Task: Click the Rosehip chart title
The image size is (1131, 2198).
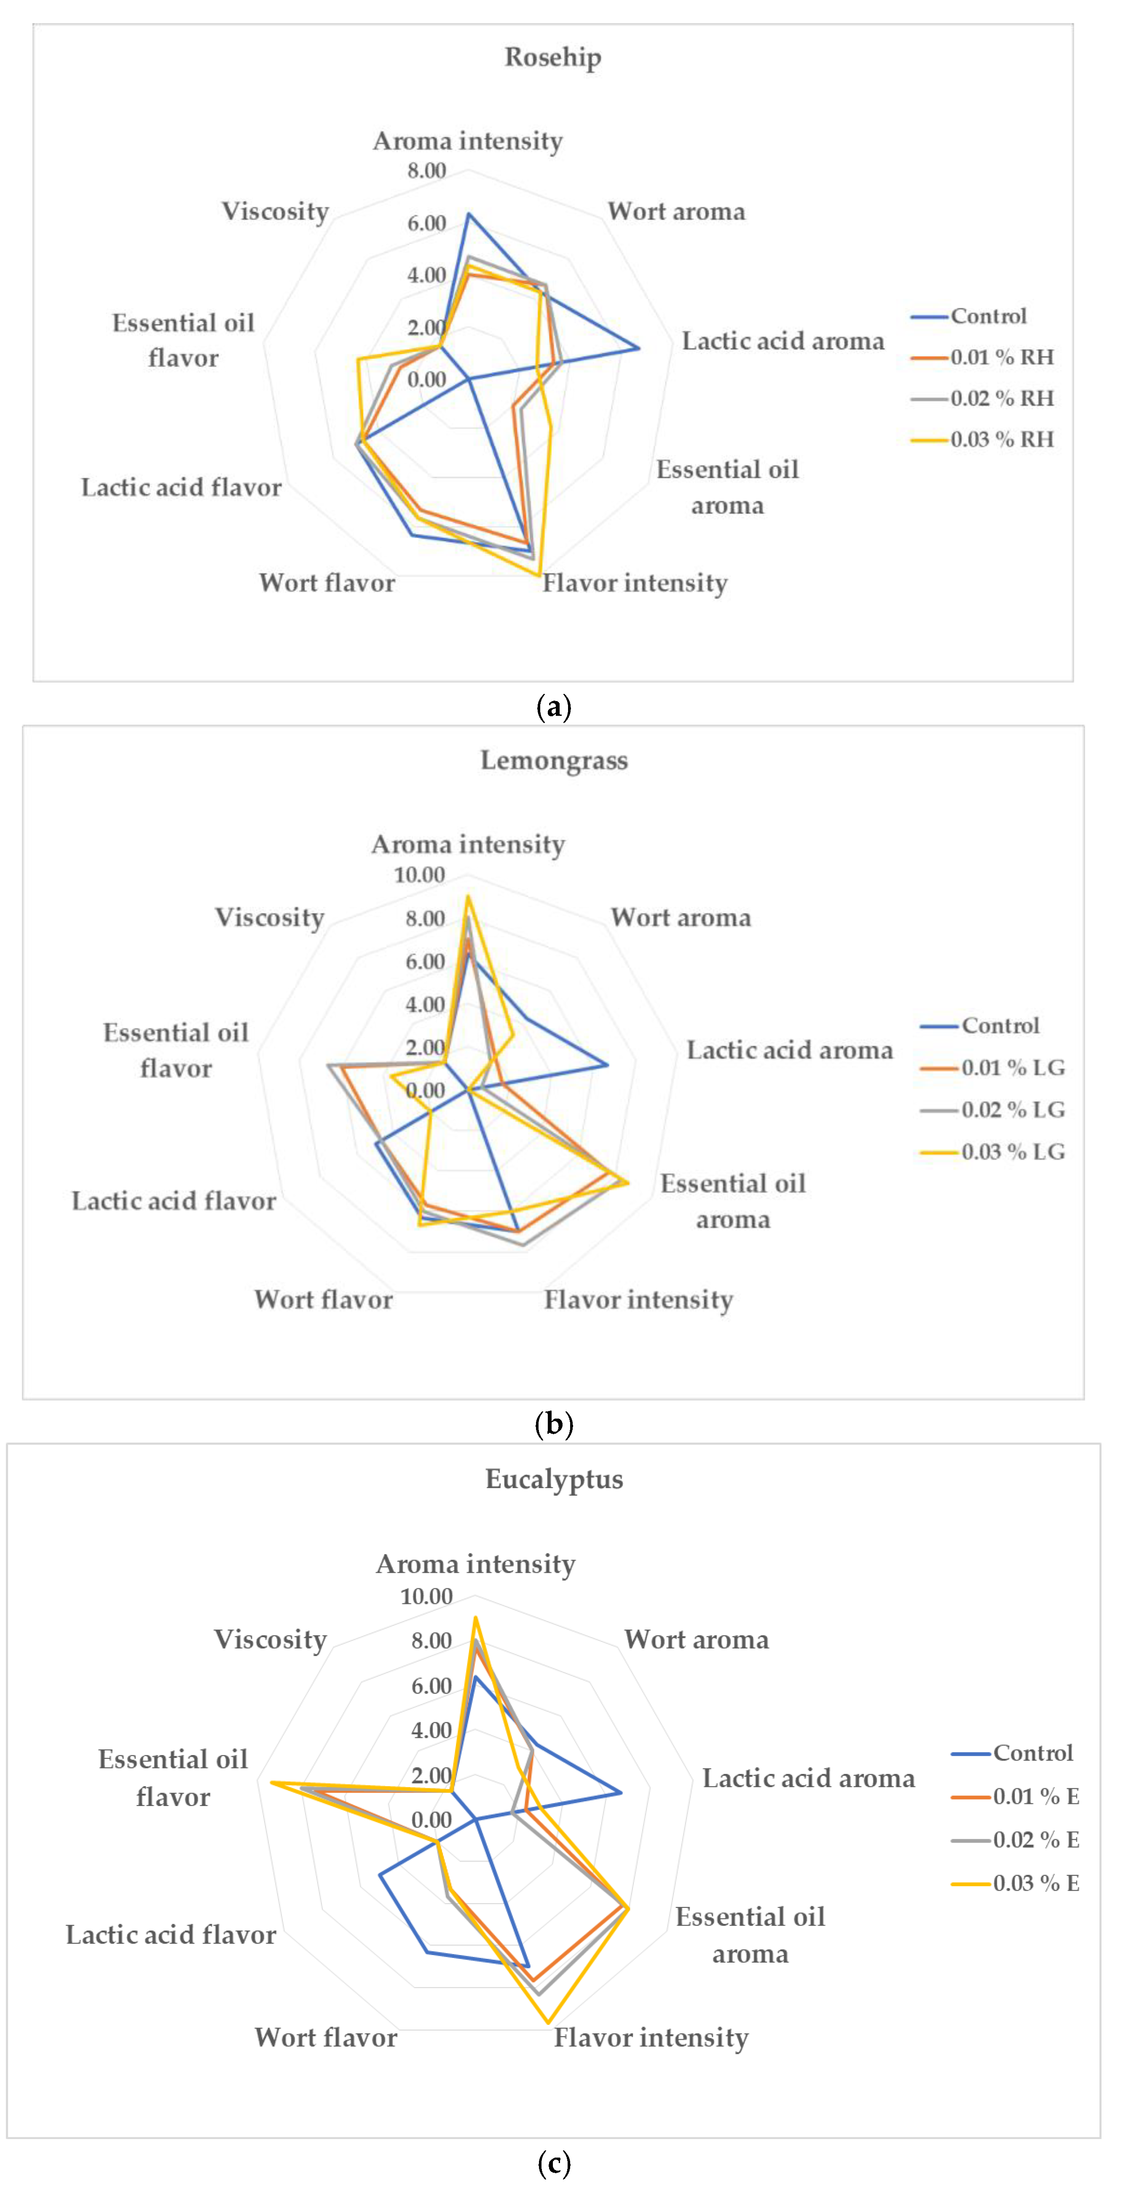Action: coord(553,57)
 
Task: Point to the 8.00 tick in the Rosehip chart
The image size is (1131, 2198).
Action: coord(426,171)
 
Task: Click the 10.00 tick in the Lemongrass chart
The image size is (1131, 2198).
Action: coord(419,875)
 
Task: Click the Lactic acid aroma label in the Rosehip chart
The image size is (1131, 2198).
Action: coord(783,341)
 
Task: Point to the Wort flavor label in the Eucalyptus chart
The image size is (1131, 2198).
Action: coord(326,2038)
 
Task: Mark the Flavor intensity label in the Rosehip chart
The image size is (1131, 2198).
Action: coord(635,584)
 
